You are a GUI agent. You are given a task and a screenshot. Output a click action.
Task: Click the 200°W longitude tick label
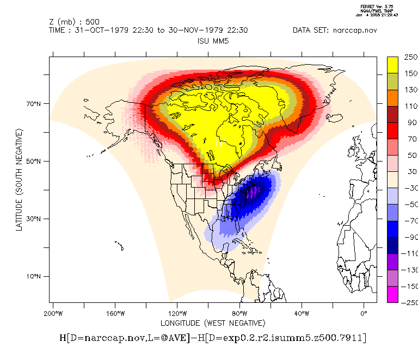(x=53, y=314)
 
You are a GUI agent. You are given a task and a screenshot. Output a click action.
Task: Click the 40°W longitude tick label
(x=302, y=314)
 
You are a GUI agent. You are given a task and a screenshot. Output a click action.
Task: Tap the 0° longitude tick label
(x=364, y=314)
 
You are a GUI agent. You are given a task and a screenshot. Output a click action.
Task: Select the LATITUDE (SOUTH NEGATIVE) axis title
(x=20, y=179)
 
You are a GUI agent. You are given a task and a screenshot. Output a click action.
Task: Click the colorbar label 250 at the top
(x=410, y=57)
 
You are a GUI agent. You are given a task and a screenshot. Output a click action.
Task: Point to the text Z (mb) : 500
(x=74, y=22)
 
